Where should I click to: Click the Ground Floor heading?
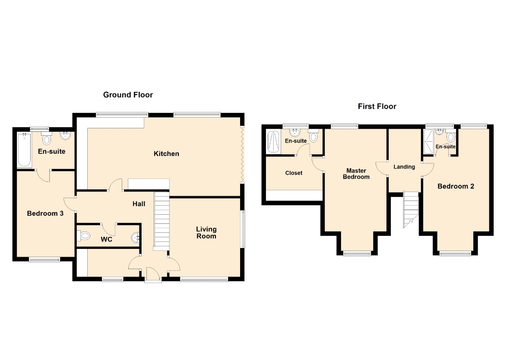(x=128, y=95)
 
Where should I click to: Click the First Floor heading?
(x=377, y=106)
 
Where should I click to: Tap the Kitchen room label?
(x=166, y=154)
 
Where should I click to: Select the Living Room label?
(x=206, y=233)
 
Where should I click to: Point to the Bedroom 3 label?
(x=45, y=213)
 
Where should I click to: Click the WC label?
(x=106, y=239)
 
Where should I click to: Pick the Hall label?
(x=139, y=204)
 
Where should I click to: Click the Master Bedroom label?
(x=356, y=174)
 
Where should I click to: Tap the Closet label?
(x=294, y=173)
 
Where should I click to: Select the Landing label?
(x=404, y=167)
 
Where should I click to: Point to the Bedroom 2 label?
(x=456, y=186)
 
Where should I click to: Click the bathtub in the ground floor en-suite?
(x=24, y=150)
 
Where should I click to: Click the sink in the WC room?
(x=136, y=238)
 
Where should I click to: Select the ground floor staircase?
(x=162, y=221)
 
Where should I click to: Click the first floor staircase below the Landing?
(x=411, y=209)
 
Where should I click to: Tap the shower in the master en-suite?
(x=273, y=142)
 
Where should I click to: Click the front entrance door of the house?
(x=153, y=275)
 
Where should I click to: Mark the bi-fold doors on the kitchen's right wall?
(x=242, y=155)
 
